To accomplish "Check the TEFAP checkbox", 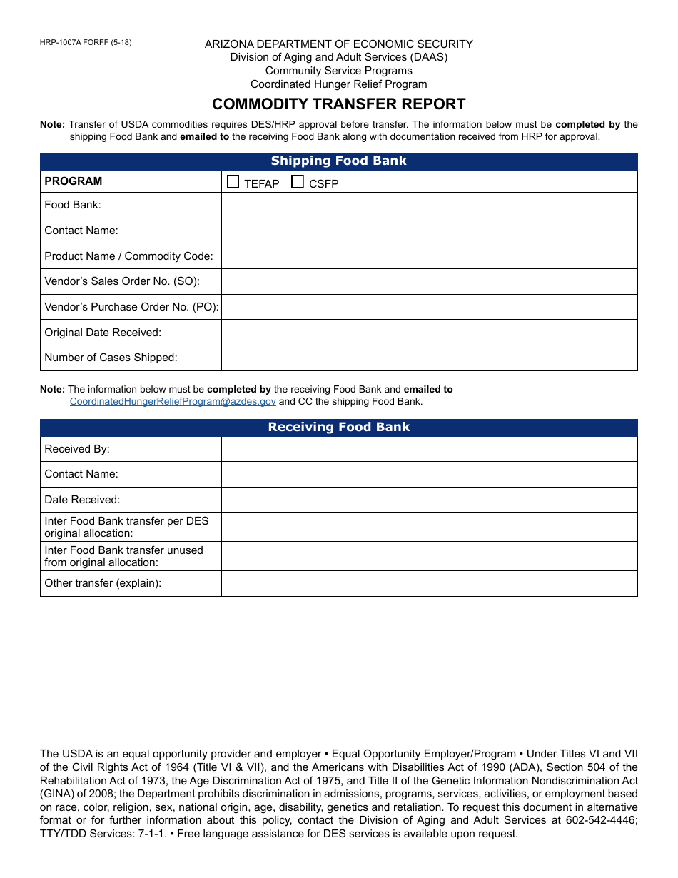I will [233, 182].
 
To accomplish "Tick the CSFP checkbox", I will [298, 182].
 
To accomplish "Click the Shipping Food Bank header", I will [338, 161].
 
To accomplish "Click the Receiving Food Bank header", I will [338, 428].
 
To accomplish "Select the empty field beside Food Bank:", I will [429, 205].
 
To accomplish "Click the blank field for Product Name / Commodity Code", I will [429, 256].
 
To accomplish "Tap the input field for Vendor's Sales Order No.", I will [429, 281].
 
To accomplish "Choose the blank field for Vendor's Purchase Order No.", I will [429, 307].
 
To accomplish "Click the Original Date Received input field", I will [429, 333].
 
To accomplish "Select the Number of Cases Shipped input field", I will [429, 358].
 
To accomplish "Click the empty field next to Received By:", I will [429, 449].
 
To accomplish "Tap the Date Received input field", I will [429, 500].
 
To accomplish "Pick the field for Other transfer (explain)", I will [429, 583].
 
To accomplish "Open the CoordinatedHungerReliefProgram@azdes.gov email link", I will [173, 402].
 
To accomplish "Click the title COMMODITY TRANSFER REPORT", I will [338, 104].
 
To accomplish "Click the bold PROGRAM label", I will [74, 181].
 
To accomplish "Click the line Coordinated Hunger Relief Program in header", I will [338, 84].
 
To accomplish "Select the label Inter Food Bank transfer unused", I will [123, 550].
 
